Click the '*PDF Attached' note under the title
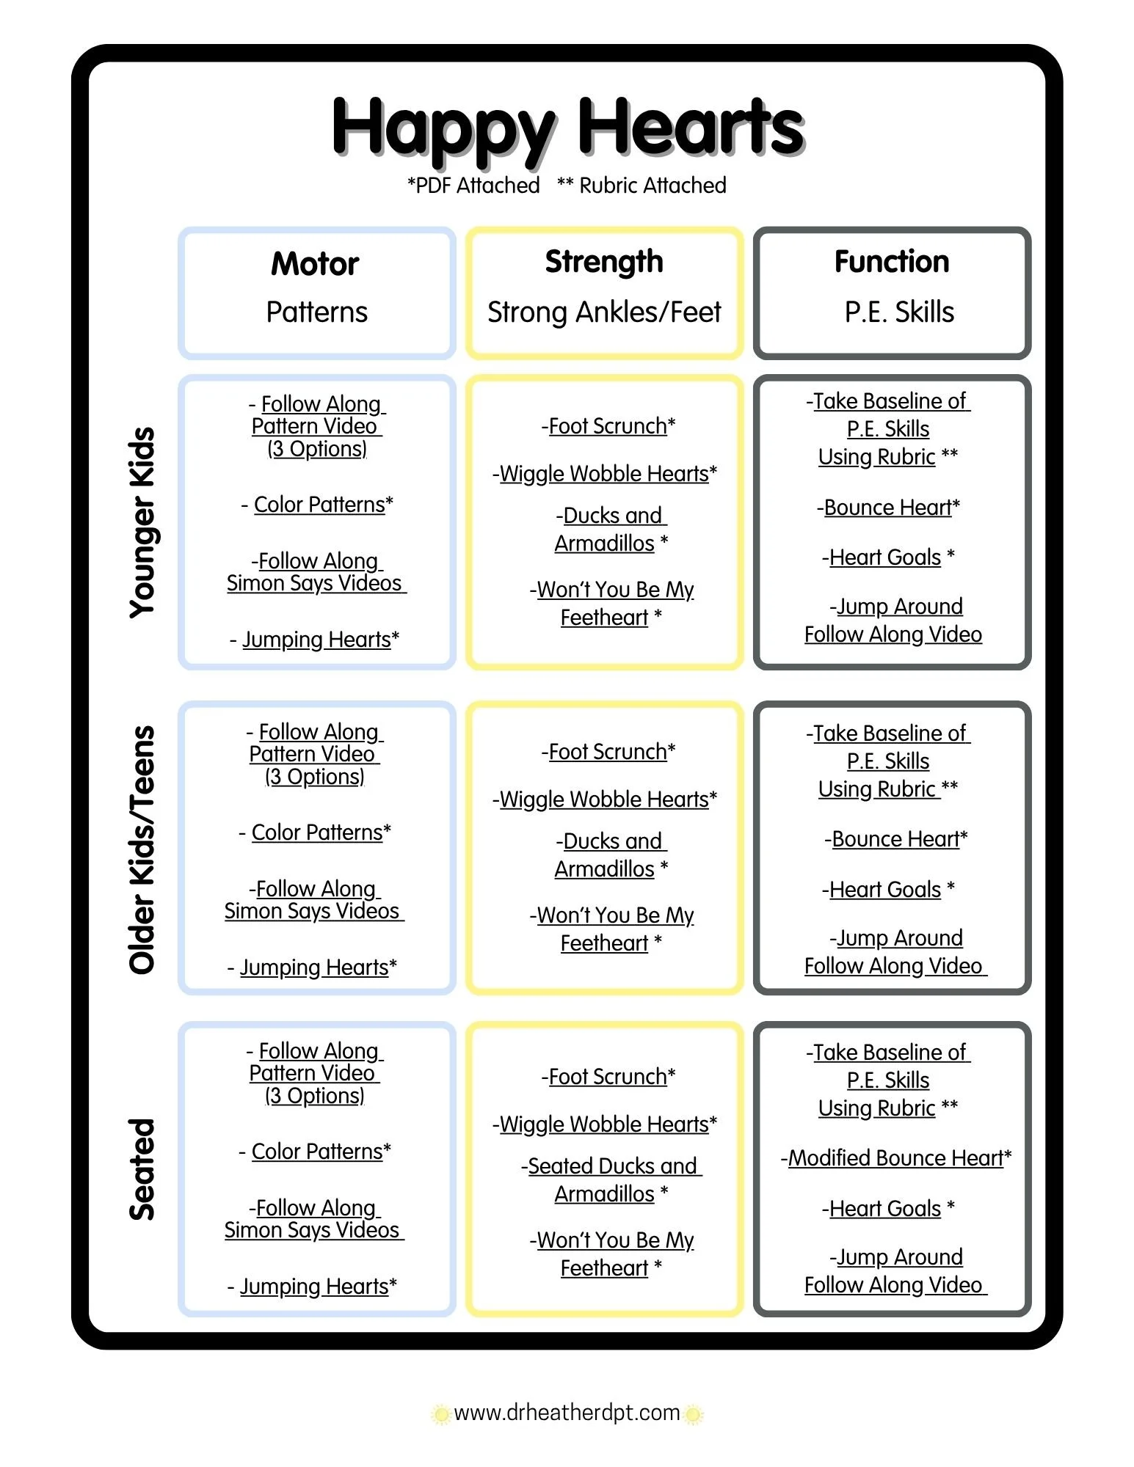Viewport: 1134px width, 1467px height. [x=473, y=186]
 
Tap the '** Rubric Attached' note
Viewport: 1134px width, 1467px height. [x=641, y=186]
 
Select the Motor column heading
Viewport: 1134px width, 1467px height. [x=315, y=264]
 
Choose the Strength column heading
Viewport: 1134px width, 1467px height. [x=604, y=262]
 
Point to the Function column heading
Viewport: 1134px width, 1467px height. [x=892, y=262]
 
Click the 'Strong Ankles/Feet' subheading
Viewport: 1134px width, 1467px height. [x=604, y=312]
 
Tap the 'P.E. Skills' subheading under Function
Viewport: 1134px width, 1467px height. [x=899, y=312]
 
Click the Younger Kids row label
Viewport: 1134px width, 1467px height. [x=142, y=522]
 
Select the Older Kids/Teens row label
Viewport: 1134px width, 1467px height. [x=142, y=850]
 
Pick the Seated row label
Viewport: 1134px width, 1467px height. [x=142, y=1169]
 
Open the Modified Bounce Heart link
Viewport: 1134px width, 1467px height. [x=896, y=1158]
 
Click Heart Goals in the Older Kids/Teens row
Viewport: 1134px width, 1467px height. [x=888, y=890]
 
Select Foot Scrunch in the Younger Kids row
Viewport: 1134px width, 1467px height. [x=608, y=426]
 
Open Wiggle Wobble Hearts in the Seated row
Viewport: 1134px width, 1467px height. [x=605, y=1124]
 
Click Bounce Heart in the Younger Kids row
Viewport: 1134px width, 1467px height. [x=888, y=508]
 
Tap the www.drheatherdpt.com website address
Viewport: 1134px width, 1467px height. [x=567, y=1413]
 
